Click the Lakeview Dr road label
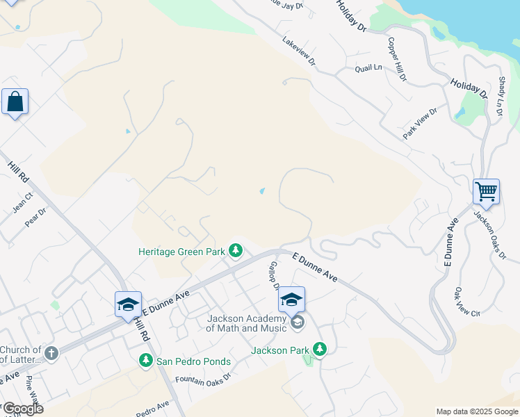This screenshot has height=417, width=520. [x=299, y=52]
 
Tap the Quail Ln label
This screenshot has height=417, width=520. [x=368, y=68]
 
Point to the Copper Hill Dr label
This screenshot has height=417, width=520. [x=397, y=59]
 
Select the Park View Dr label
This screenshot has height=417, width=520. [x=421, y=123]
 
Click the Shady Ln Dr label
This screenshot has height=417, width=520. [x=500, y=97]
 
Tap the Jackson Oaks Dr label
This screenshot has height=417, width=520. [x=489, y=234]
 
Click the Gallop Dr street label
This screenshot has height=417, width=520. [x=275, y=276]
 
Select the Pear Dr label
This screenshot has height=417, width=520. [x=35, y=217]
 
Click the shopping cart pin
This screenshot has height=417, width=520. [x=486, y=190]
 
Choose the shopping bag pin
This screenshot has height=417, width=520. [x=15, y=102]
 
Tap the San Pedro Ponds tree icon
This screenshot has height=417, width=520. [x=145, y=360]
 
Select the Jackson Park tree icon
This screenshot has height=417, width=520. [x=319, y=349]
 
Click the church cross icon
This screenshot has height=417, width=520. [x=51, y=354]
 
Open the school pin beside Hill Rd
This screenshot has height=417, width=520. [x=128, y=304]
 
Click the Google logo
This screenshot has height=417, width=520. [x=22, y=409]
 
